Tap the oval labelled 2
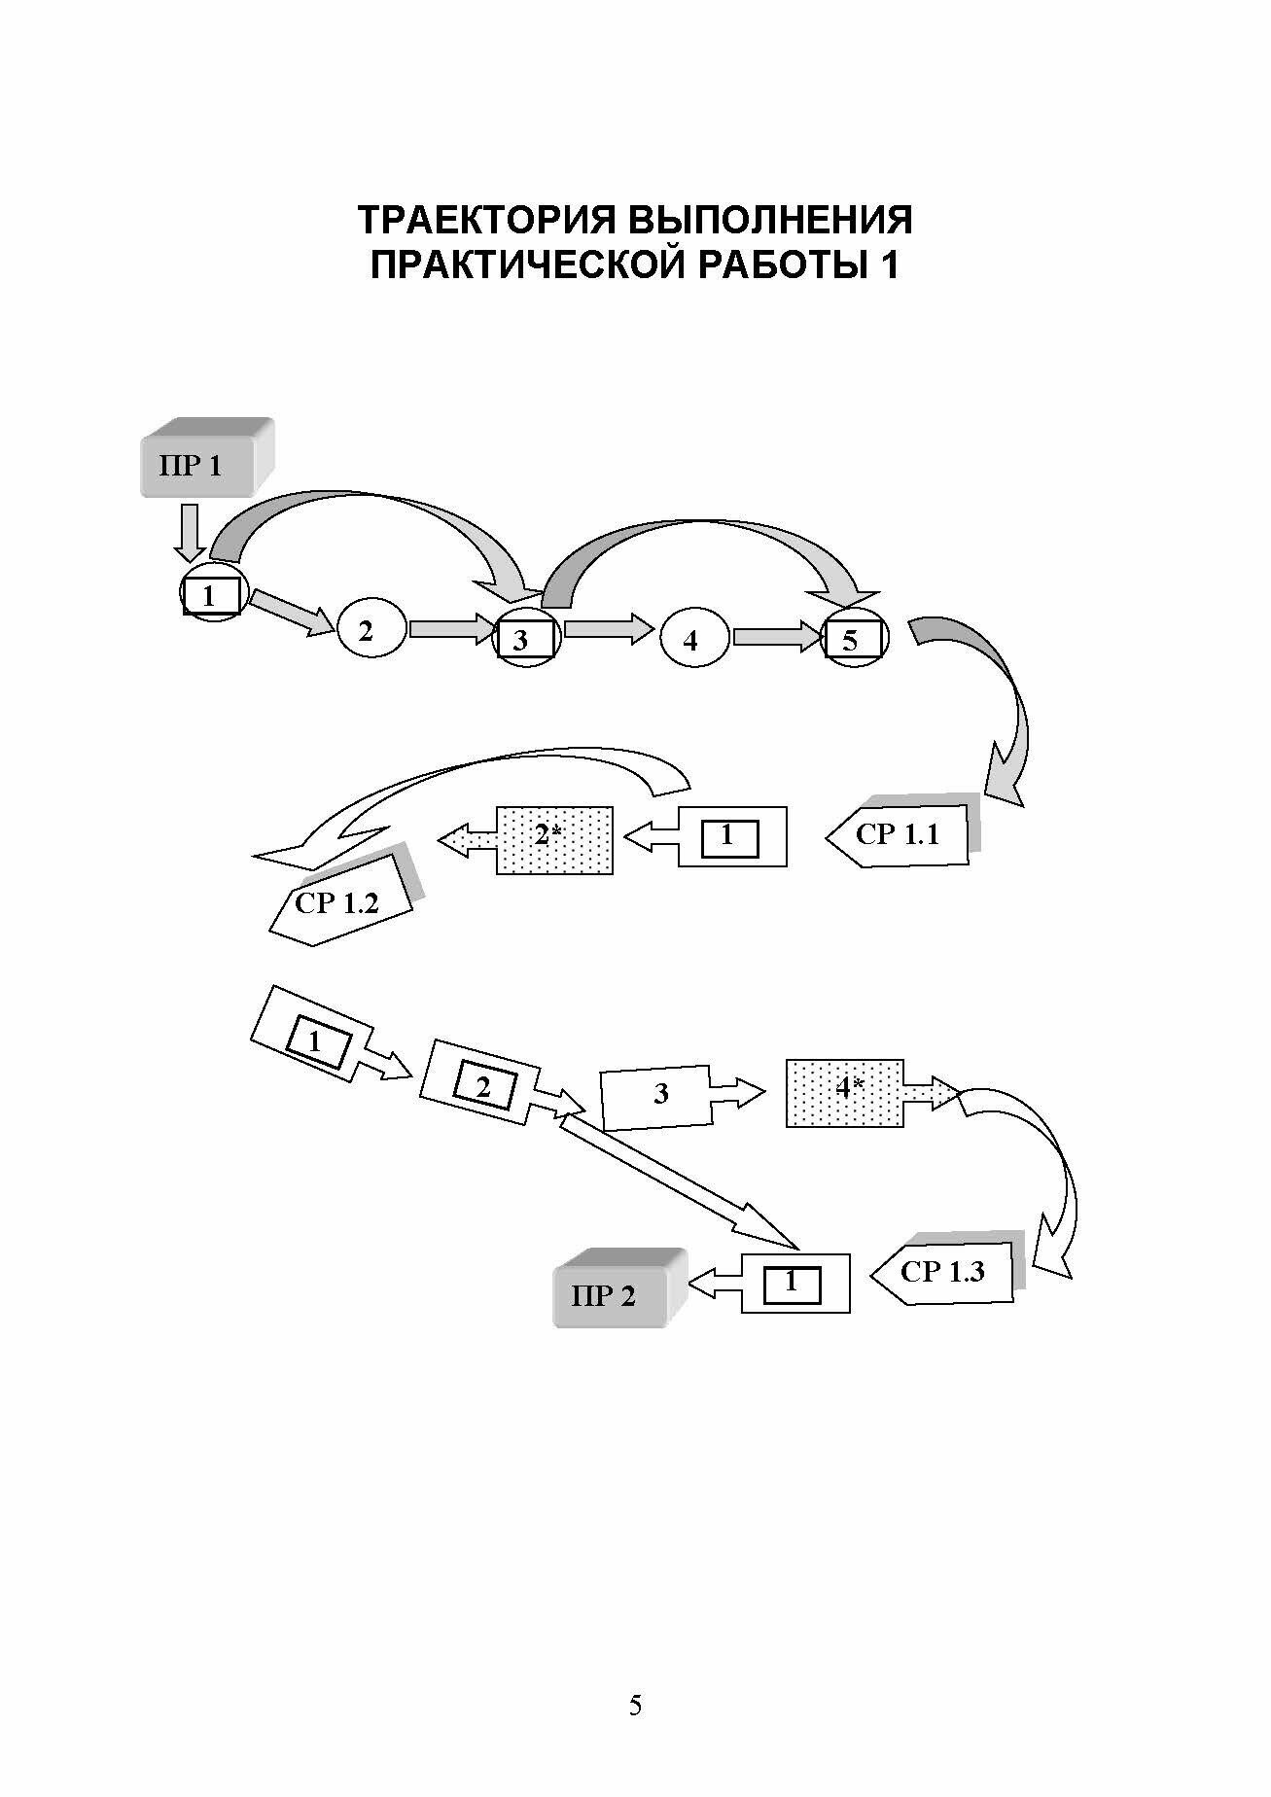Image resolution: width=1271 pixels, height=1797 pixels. pyautogui.click(x=368, y=632)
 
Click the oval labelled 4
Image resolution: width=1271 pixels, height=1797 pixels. pyautogui.click(x=691, y=640)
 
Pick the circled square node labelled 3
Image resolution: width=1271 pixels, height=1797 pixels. pyautogui.click(x=526, y=640)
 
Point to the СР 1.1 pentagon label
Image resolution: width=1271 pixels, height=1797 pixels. pyautogui.click(x=900, y=834)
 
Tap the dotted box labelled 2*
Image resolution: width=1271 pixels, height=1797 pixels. pyautogui.click(x=555, y=839)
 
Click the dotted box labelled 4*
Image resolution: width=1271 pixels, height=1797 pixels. pyautogui.click(x=844, y=1093)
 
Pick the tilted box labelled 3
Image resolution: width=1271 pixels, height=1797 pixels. pyautogui.click(x=657, y=1097)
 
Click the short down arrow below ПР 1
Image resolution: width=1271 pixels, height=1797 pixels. pyautogui.click(x=190, y=533)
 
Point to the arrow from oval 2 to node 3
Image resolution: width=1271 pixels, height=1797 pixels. pyautogui.click(x=452, y=629)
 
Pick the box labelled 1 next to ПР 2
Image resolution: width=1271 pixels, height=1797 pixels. pyautogui.click(x=794, y=1284)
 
